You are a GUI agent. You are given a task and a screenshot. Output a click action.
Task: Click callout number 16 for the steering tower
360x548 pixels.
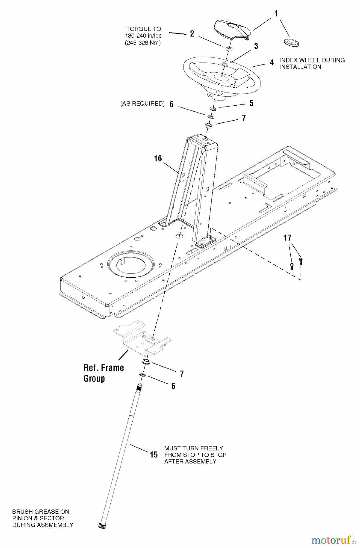(158, 159)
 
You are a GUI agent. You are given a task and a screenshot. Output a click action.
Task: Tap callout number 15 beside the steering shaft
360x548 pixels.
(154, 455)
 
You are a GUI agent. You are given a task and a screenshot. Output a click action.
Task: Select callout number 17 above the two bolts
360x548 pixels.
(288, 238)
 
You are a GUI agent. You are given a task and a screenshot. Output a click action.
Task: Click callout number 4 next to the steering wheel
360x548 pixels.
(272, 63)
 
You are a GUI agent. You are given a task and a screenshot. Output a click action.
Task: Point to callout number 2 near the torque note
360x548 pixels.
(192, 33)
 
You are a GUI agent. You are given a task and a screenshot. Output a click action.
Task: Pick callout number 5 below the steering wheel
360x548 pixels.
(251, 103)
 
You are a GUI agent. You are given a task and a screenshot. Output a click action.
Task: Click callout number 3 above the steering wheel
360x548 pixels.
(256, 46)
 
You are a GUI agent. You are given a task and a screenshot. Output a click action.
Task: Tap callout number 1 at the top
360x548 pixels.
(276, 14)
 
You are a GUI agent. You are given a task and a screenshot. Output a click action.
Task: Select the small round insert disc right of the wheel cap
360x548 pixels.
(292, 42)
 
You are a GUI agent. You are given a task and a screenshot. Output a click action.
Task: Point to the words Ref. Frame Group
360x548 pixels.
(103, 373)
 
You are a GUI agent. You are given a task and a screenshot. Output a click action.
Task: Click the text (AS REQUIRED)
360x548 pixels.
(142, 104)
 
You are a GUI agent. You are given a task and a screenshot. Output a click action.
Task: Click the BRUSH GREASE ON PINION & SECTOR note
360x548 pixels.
(43, 518)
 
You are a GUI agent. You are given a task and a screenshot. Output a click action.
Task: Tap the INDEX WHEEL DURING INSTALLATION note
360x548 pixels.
(312, 63)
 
